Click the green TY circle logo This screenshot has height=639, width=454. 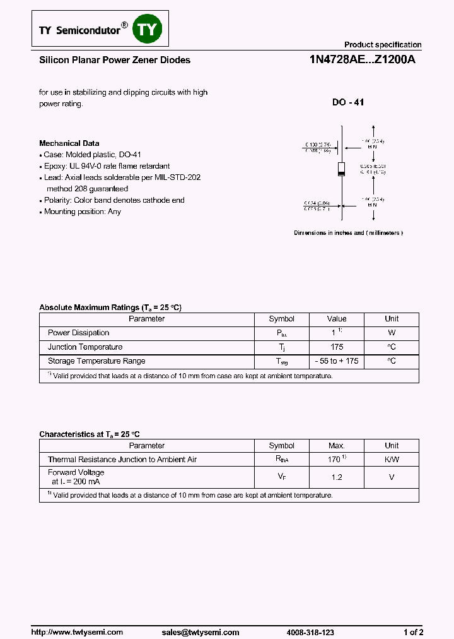click(148, 30)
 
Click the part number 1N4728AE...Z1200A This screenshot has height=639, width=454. click(362, 61)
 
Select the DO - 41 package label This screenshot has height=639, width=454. click(348, 102)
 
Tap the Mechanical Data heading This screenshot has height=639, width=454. click(69, 143)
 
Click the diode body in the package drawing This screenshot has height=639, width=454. click(342, 169)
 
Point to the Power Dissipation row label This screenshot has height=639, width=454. click(78, 333)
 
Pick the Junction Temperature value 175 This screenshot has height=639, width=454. click(337, 347)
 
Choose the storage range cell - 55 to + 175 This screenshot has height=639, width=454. click(337, 361)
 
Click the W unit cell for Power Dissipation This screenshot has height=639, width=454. click(392, 333)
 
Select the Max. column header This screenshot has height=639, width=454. click(337, 445)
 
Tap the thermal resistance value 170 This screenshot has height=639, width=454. click(336, 460)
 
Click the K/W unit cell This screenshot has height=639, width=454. click(392, 460)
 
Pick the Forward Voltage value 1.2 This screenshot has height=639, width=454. click(337, 477)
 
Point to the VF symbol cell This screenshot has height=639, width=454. click(281, 477)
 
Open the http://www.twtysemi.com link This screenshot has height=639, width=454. click(77, 632)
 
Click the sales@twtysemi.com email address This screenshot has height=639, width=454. click(201, 632)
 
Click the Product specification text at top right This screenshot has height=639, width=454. click(382, 45)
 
